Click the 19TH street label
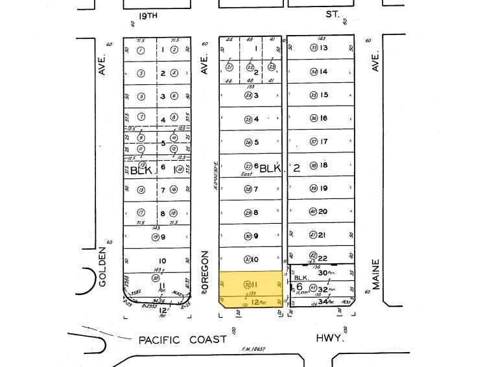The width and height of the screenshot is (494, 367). coord(148,14)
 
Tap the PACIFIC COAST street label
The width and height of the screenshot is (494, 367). coord(182,340)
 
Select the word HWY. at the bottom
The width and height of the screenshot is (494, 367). coord(329,338)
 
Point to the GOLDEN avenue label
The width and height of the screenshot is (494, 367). coord(102,266)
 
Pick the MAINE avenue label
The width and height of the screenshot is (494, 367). coord(376,274)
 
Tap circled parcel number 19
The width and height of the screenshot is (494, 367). coord(156,237)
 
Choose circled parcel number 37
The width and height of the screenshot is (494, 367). coord(314,142)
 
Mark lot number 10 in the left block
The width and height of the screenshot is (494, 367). coord(162,261)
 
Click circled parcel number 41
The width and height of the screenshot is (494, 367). coord(313,235)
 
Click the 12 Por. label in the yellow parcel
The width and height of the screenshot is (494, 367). coord(257,302)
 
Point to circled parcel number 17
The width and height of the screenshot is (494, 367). coord(141,213)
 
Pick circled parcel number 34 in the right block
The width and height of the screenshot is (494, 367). coord(314,71)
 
